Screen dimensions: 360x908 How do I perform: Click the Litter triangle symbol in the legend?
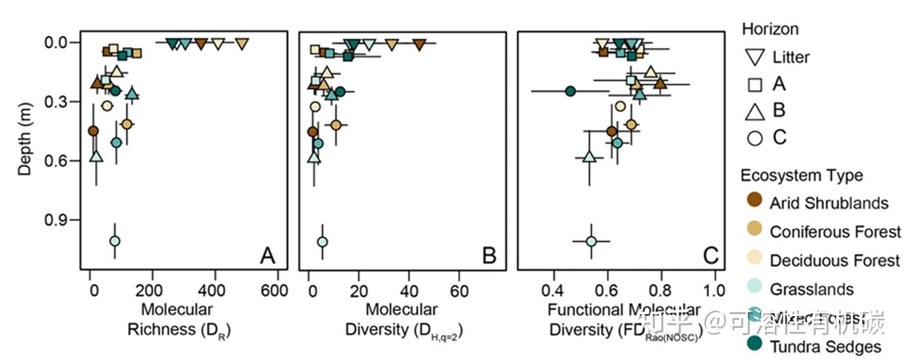755,57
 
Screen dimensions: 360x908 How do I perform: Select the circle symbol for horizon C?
755,138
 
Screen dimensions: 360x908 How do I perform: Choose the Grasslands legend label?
812,289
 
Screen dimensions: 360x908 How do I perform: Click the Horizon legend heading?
770,29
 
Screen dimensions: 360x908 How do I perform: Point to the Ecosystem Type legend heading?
802,175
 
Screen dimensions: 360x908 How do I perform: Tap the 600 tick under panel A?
278,289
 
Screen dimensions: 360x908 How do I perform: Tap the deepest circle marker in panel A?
115,241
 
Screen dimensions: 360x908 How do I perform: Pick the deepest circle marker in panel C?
591,241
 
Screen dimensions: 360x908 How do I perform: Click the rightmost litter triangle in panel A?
242,44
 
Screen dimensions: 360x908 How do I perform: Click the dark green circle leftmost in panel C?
570,90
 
